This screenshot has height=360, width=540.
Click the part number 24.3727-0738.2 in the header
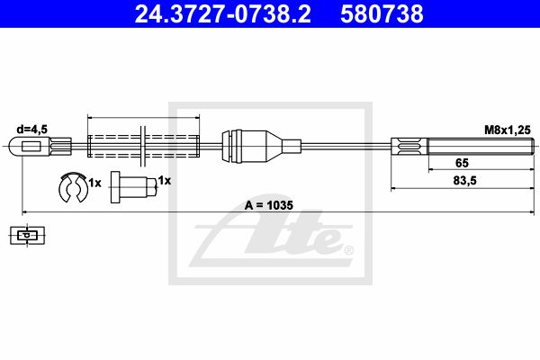point(223,14)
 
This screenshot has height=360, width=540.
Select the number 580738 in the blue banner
point(382,14)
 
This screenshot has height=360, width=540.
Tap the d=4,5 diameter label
point(32,130)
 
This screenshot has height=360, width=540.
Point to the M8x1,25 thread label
point(508,130)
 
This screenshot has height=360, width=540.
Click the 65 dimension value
point(462,163)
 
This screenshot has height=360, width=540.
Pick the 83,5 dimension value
point(465,181)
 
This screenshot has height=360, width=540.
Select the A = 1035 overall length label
point(268,205)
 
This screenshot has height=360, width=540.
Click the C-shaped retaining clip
point(74,187)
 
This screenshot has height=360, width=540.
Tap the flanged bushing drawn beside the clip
point(133,187)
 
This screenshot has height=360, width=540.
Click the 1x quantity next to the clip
point(95,183)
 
